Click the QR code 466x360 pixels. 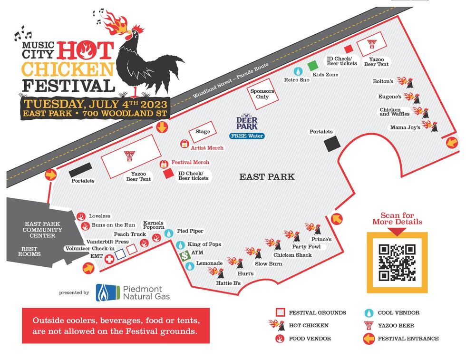click(397, 263)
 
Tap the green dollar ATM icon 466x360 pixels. click(185, 256)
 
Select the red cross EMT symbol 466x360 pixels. click(109, 259)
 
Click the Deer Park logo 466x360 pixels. click(247, 122)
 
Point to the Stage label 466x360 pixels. click(203, 132)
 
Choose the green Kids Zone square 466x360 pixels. click(312, 66)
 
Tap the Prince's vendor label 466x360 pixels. click(321, 239)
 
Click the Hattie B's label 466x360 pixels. click(228, 283)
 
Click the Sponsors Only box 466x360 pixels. click(262, 94)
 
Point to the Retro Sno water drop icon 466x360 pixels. click(298, 71)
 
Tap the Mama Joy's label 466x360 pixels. click(405, 127)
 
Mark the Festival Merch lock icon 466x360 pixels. click(164, 164)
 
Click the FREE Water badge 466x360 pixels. click(247, 136)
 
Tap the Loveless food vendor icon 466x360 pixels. click(81, 216)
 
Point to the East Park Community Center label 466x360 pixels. click(43, 230)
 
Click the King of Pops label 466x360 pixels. click(204, 244)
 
